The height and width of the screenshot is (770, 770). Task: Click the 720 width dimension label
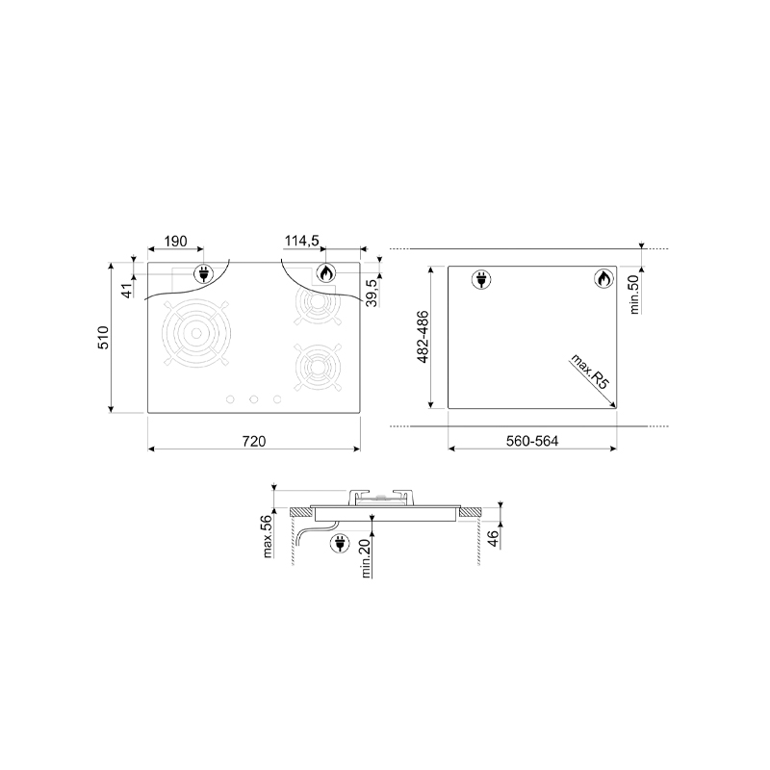coord(254,441)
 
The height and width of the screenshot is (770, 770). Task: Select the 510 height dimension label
coord(104,338)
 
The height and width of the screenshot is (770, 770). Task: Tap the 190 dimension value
coord(175,242)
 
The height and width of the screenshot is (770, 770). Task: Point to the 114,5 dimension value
coord(302,241)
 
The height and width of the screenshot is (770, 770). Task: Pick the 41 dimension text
coord(127,291)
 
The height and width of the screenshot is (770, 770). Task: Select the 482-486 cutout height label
coord(423,337)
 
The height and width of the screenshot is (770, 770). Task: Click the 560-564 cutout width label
coord(532,441)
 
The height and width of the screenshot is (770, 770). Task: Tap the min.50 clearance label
coord(634,295)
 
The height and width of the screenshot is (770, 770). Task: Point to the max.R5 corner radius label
coord(589,372)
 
